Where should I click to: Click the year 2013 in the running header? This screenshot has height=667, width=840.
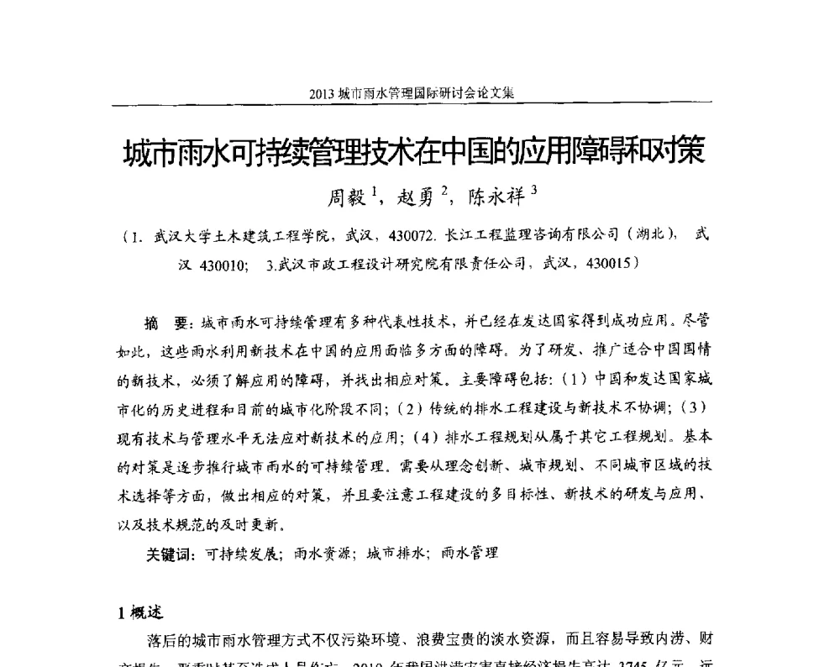pos(322,93)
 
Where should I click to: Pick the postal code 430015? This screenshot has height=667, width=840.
pos(609,264)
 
